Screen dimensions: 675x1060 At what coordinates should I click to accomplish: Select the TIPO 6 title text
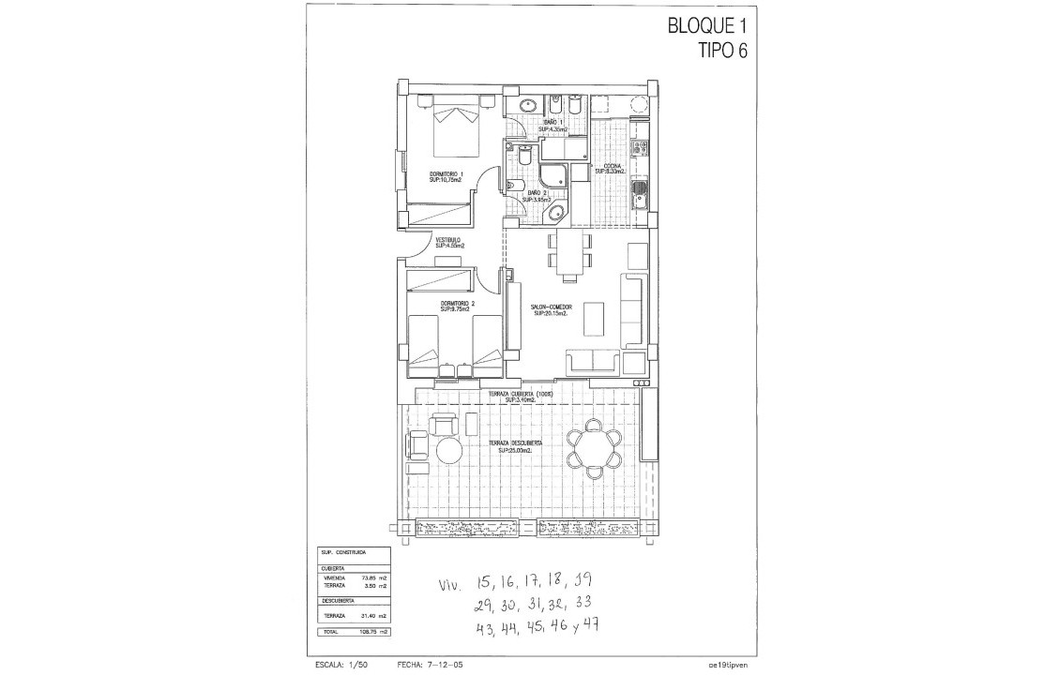pos(722,52)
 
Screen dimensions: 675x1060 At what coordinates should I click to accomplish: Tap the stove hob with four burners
pos(641,146)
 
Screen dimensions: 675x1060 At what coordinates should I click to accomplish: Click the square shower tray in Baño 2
pos(553,174)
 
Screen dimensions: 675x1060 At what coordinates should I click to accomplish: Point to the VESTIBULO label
pos(447,242)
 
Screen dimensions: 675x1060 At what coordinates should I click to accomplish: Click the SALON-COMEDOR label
pos(551,309)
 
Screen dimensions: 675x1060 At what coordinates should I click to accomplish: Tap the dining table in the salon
pos(569,253)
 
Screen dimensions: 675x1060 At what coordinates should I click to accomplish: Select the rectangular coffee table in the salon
pos(593,318)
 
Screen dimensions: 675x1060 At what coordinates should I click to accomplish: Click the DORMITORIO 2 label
pos(457,306)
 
